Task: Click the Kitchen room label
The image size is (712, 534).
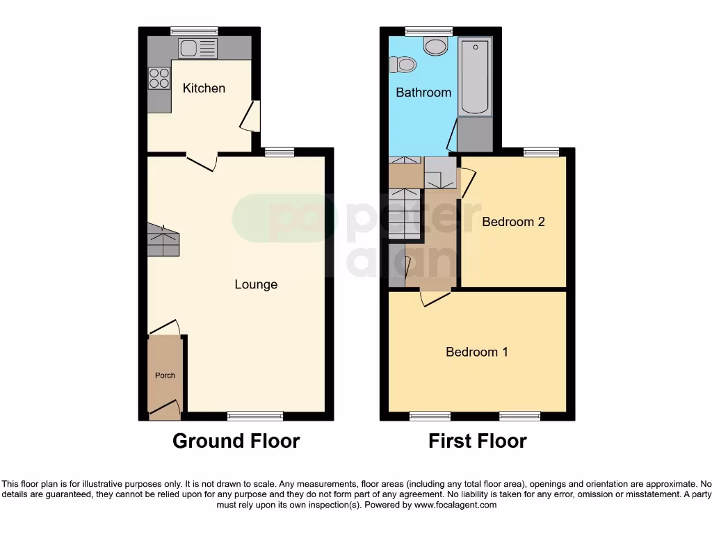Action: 204,88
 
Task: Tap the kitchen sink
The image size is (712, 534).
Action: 197,48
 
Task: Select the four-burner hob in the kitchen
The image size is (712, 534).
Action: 159,78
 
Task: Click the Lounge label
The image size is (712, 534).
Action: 256,284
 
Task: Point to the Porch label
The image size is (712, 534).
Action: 165,375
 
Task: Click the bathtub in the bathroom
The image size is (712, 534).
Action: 476,76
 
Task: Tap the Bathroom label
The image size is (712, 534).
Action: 423,92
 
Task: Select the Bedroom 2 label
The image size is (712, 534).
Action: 513,222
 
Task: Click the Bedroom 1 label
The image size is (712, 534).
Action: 477,352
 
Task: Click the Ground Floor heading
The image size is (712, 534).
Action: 236,441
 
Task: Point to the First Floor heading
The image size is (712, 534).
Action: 477,441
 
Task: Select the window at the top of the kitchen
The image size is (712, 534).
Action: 194,31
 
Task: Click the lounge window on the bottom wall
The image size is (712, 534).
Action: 255,416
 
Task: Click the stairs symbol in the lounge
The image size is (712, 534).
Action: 163,241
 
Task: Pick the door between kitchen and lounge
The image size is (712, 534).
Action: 202,161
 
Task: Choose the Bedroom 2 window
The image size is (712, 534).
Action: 541,152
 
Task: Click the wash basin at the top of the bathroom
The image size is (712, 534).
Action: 437,47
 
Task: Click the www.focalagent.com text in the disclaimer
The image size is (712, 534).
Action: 455,505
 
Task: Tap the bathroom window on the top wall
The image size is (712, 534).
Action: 429,31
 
